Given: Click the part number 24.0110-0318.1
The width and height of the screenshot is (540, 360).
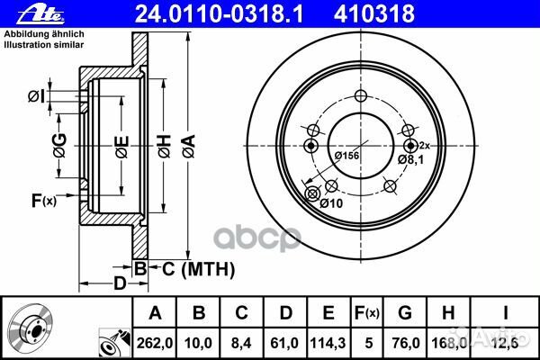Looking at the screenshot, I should [x=193, y=12].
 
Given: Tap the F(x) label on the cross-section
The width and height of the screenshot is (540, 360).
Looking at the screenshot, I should [x=43, y=201].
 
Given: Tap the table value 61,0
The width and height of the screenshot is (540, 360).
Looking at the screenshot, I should [x=284, y=342].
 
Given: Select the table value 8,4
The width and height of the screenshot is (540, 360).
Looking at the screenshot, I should [x=241, y=342].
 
